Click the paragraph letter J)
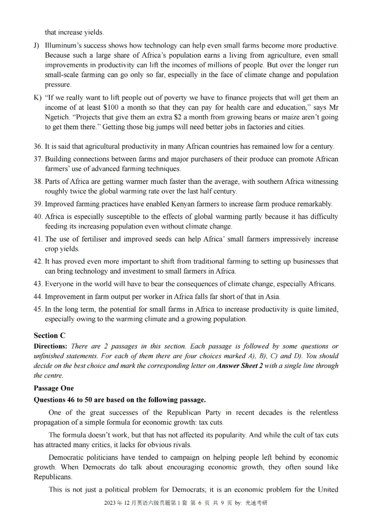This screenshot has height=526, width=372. [37, 46]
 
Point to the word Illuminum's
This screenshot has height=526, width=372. [63, 46]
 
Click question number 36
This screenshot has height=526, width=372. [38, 146]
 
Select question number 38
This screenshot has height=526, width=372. [38, 181]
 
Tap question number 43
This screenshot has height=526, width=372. [38, 284]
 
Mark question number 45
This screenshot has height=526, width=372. [38, 309]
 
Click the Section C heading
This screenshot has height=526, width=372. [49, 335]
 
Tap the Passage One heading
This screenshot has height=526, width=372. [53, 388]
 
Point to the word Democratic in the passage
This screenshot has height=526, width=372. [66, 458]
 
